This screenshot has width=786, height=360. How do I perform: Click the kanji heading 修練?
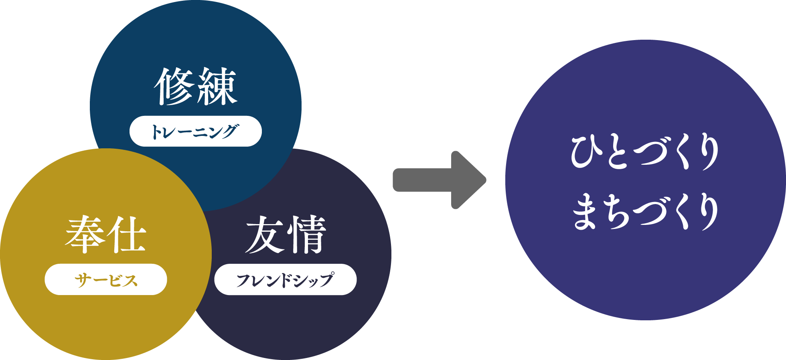coord(196,86)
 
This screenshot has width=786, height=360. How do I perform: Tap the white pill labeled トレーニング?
coord(196,131)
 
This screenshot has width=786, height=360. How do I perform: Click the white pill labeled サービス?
coord(106,279)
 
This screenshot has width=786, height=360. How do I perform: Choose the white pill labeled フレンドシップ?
coord(286,279)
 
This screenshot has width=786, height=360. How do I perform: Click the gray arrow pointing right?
coord(439,180)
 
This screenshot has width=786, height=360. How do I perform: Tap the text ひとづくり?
coord(645,152)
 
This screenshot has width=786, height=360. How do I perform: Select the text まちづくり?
coord(645,212)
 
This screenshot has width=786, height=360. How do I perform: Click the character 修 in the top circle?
coord(175,86)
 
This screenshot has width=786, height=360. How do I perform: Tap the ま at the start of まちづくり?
coord(585,212)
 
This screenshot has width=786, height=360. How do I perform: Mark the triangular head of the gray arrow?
coord(467,180)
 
